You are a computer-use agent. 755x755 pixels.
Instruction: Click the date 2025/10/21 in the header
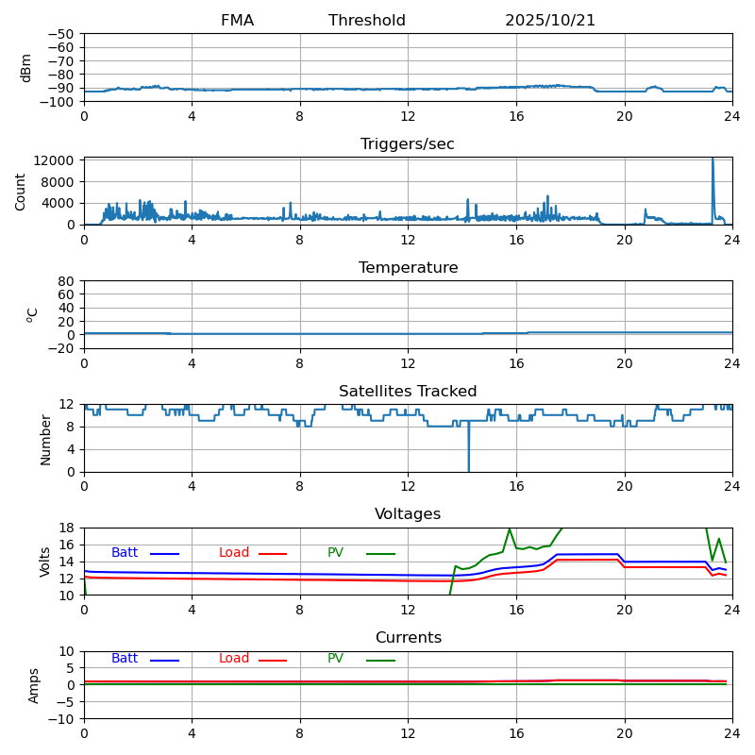550,21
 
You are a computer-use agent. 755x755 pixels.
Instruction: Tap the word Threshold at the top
367,21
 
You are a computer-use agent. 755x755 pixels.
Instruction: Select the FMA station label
237,21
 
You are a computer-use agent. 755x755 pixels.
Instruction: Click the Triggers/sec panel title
408,144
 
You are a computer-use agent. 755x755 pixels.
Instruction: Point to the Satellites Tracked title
408,392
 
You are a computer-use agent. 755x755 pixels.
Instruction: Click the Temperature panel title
408,268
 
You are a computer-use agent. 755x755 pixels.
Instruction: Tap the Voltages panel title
408,514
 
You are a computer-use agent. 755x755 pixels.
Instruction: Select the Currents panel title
408,638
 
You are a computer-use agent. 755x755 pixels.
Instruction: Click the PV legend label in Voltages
336,553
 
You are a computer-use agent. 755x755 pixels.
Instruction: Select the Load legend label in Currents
234,659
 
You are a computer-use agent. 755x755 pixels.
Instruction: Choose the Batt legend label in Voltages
125,553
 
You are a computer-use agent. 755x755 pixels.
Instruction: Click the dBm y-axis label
26,67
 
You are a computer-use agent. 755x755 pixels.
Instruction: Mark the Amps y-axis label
35,685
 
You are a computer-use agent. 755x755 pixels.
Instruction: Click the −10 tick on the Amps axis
62,719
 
